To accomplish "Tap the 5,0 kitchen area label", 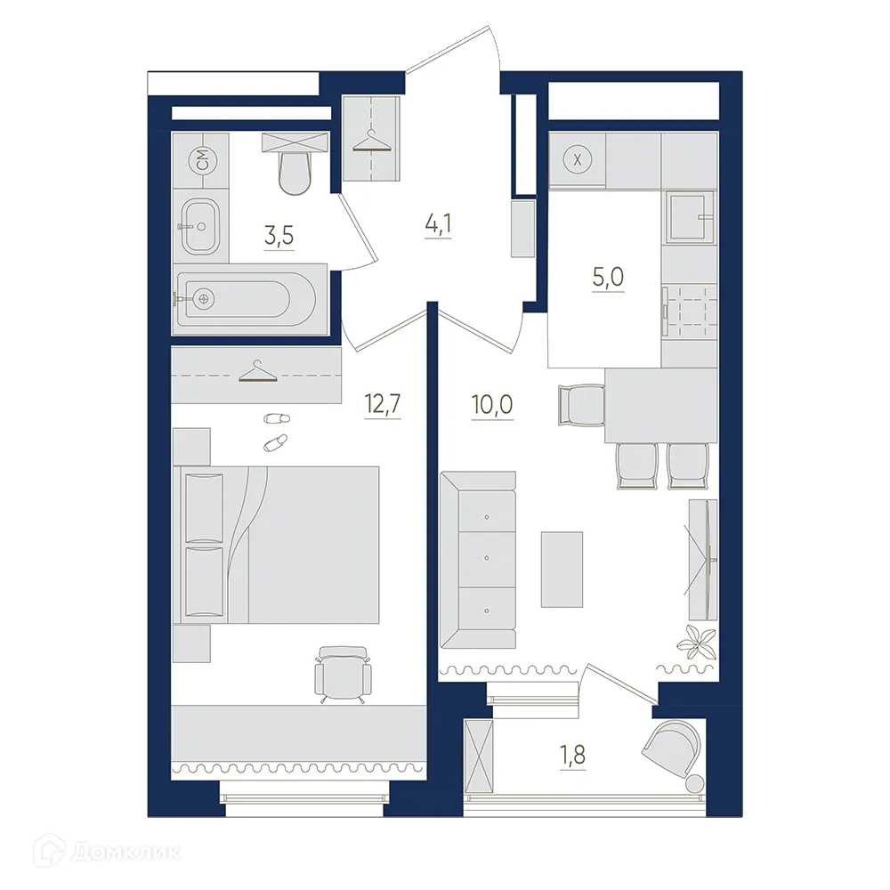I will coord(608,278).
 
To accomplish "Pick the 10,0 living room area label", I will coord(491,406).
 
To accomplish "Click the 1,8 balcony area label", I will coord(571,758).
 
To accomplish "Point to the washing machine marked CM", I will coord(200,160).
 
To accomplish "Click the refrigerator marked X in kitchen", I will coord(578,160).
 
